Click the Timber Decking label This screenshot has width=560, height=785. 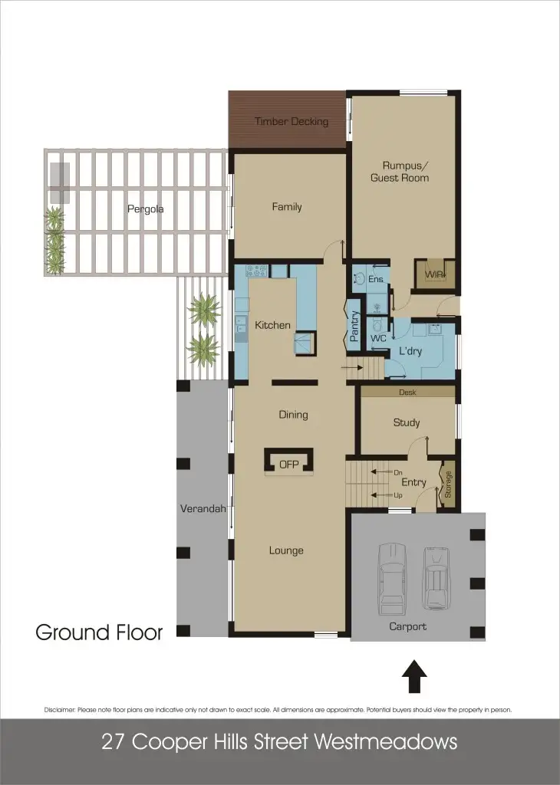(291, 121)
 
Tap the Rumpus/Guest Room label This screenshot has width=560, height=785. (399, 171)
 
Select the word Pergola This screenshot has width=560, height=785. (146, 209)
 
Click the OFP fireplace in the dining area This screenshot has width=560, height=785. (288, 463)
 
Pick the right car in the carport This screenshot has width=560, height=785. (436, 578)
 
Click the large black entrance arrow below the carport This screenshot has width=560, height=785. (414, 677)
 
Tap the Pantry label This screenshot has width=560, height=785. (354, 327)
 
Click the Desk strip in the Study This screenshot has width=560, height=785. (407, 392)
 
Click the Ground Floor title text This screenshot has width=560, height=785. (99, 632)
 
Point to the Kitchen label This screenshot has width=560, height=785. (272, 325)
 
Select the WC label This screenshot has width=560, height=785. (377, 338)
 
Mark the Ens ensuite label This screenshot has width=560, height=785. (375, 279)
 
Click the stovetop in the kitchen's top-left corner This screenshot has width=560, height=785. (256, 271)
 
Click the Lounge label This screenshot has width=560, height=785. (286, 550)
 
